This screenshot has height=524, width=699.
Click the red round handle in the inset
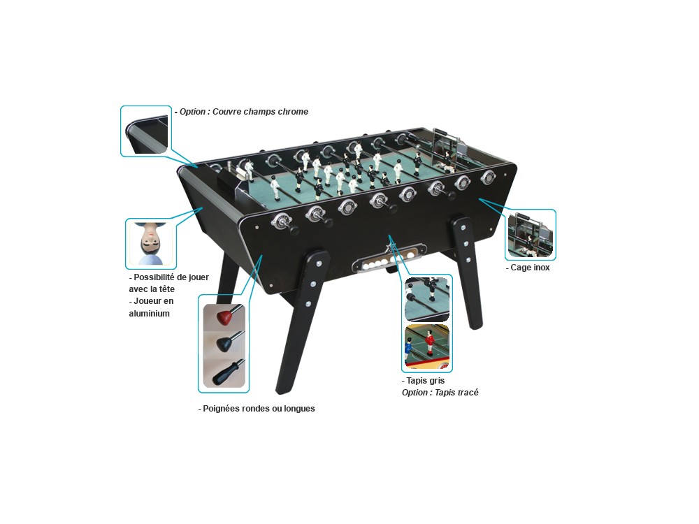(x=226, y=316)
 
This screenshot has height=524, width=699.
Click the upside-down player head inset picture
(x=151, y=243)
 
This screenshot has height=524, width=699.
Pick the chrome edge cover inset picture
(x=146, y=131)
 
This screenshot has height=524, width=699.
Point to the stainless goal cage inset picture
(x=530, y=235)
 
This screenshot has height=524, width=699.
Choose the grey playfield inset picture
(x=426, y=299)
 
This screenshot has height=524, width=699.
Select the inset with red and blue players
(x=426, y=347)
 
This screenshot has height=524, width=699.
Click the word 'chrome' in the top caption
(x=293, y=111)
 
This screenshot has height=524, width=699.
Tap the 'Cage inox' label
(x=528, y=268)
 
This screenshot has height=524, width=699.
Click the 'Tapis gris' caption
(x=423, y=381)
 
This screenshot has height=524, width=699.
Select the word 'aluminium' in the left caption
(x=150, y=313)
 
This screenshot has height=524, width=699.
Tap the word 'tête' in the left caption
(x=165, y=289)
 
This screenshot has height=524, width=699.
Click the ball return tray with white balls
(x=388, y=259)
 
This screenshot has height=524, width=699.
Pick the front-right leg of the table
(x=467, y=272)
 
